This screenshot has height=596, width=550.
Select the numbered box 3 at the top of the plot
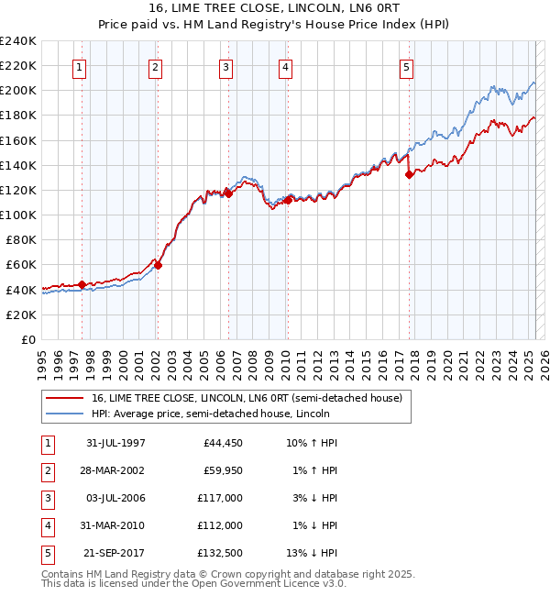225,67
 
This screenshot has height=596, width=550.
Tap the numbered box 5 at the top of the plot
406,67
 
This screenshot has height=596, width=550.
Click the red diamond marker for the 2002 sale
158,265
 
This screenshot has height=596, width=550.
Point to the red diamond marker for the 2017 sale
409,174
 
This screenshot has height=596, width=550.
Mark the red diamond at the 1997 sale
82,284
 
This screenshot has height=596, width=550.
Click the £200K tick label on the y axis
18,90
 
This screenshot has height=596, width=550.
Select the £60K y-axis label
21,264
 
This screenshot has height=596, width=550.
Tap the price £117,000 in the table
220,498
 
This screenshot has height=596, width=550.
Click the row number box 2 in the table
46,470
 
